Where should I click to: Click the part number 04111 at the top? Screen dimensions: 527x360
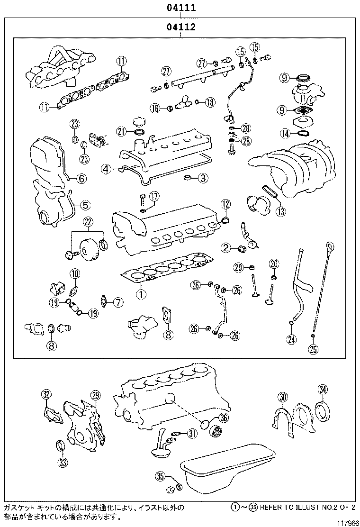click(x=180, y=8)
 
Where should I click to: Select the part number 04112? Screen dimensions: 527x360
click(x=180, y=27)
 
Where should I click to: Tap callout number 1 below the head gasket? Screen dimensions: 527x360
click(x=140, y=294)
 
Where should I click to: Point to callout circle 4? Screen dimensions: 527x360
click(x=106, y=168)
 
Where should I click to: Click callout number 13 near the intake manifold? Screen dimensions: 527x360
click(x=281, y=212)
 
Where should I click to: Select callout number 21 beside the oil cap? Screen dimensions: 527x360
click(x=122, y=131)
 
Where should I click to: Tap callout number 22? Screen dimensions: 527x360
click(x=89, y=222)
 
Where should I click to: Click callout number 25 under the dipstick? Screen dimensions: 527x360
click(x=313, y=350)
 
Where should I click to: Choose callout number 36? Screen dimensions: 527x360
click(x=224, y=417)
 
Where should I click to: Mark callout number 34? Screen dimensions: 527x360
click(x=323, y=390)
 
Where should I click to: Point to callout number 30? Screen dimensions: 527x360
click(x=282, y=397)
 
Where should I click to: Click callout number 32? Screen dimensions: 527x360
click(x=45, y=394)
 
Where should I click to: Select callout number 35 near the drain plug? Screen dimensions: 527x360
click(x=160, y=476)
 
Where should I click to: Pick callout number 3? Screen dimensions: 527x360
click(x=202, y=179)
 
